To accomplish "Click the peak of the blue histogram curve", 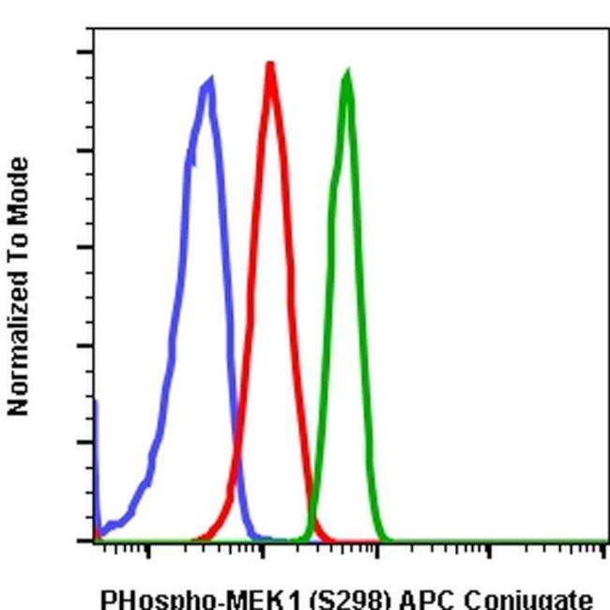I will click(x=208, y=82).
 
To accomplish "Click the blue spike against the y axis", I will click(x=96, y=413).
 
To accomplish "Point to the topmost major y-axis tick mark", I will click(x=86, y=53).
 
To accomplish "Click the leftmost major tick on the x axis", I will click(x=148, y=548).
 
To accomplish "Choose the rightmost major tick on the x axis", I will click(x=603, y=548).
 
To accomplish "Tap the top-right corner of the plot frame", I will click(x=607, y=29).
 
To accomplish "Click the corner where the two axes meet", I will click(x=94, y=541).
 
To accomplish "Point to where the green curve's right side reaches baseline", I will click(x=385, y=540).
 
